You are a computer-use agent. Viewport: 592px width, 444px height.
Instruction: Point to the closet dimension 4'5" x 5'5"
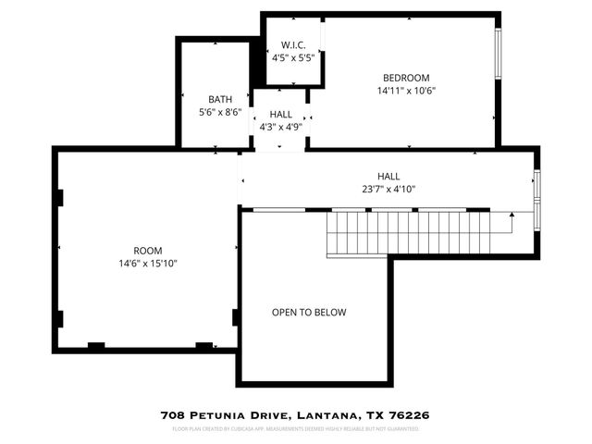point(292,56)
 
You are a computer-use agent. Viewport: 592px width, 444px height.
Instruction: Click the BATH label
point(219,99)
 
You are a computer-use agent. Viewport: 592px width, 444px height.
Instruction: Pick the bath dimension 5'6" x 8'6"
point(219,112)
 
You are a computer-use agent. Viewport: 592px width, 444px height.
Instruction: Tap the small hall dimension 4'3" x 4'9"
point(281,127)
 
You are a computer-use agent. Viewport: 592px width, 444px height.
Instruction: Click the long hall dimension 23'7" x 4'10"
point(388,189)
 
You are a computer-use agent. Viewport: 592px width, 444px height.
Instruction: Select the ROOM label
point(148,251)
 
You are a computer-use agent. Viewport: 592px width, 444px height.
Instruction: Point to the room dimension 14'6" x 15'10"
point(148,264)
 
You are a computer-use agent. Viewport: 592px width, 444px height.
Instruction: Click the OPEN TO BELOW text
point(309,313)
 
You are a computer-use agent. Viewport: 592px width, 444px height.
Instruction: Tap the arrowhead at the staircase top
point(512,214)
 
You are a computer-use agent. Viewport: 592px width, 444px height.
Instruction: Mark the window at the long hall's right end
point(537,199)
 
